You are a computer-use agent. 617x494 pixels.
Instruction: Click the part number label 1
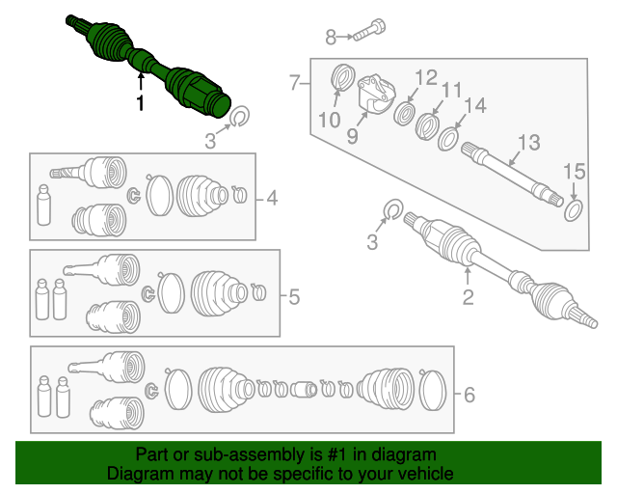coord(141,103)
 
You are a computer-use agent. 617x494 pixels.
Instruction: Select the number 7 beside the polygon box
coord(295,83)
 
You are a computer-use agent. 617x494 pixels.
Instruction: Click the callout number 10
coord(329,121)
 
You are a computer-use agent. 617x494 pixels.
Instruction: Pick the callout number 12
coord(425,77)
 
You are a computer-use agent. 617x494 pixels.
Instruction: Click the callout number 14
coord(474,106)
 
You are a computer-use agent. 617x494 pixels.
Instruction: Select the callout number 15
coord(574,172)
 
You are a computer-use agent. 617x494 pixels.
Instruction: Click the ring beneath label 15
coord(573,208)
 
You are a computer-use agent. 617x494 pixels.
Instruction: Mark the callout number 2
coord(468,298)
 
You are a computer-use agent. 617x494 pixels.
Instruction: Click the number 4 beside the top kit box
coord(272,200)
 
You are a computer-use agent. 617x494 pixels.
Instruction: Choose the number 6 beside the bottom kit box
coord(469,394)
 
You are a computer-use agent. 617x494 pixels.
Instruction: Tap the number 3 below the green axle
coord(209,144)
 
